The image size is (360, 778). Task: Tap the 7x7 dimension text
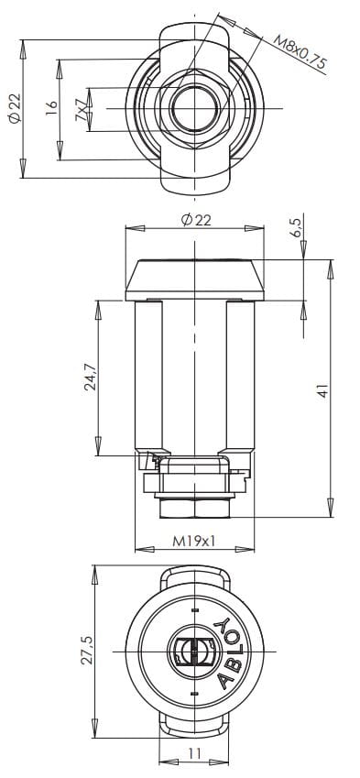(81, 110)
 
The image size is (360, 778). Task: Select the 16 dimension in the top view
(51, 108)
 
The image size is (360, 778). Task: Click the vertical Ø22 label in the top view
(16, 109)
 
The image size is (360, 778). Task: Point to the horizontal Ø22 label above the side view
(196, 220)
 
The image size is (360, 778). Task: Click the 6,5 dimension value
(296, 228)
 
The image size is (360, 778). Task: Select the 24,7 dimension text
(91, 378)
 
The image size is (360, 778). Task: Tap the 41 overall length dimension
(323, 391)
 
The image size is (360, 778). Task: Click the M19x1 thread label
(194, 541)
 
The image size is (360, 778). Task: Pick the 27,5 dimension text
(87, 651)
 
